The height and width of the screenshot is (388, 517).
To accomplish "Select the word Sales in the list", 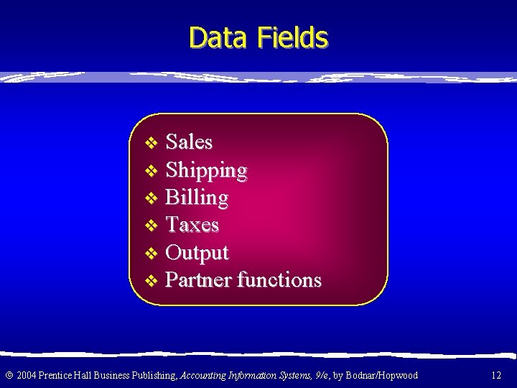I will tap(190, 142).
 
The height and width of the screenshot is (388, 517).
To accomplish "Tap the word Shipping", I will tap(207, 171).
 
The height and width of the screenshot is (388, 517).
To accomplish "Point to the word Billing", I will tap(197, 198).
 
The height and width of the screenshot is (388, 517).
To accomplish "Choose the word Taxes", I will tap(192, 225).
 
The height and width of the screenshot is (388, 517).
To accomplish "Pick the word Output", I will tap(197, 253).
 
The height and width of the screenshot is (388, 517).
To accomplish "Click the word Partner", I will tap(199, 280).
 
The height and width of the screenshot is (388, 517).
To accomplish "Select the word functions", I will tap(279, 280).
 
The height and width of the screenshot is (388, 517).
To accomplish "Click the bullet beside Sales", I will tap(151, 143).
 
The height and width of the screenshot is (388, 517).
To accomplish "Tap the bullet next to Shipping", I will tap(151, 171).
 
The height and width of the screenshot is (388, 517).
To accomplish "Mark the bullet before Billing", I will tap(151, 198).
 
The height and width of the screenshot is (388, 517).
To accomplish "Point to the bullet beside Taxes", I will tap(151, 226).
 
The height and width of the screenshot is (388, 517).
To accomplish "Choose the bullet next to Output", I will tap(151, 254).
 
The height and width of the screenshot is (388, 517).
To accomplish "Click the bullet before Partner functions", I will tap(151, 280).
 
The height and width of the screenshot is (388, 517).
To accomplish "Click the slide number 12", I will tap(496, 375).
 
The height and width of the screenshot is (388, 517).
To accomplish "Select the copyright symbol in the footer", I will tap(9, 375).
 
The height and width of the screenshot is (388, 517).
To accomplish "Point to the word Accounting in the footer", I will tap(203, 375).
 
